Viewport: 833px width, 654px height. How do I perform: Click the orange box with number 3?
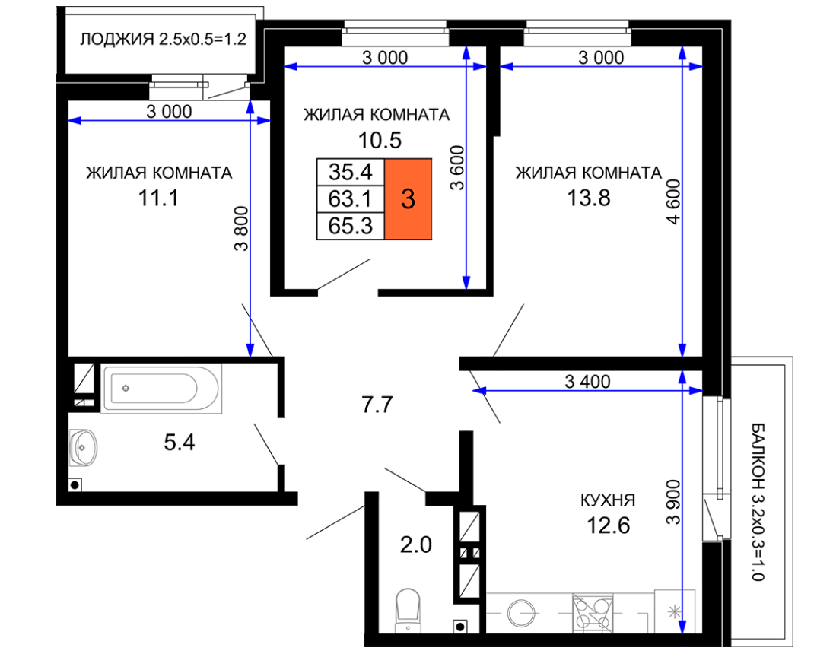coord(408,198)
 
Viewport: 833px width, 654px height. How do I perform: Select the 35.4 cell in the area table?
coord(351,172)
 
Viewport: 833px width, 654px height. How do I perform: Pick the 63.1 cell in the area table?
coord(351,199)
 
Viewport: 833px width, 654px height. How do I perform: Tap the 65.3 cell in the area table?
coord(351,227)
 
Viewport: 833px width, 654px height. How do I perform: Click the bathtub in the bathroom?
coord(161,389)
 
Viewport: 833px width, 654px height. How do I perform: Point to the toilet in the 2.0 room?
coord(408,611)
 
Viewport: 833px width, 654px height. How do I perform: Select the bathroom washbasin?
coord(84,447)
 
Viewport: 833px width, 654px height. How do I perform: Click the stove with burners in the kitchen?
coord(593,613)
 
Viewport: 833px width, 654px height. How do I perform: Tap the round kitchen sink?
coord(521,613)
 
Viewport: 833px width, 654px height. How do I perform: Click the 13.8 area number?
coord(589,198)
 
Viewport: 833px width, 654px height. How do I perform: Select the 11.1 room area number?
coord(158,198)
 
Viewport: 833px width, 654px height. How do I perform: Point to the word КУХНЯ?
coord(608,500)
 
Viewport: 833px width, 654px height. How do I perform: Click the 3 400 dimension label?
coord(587,382)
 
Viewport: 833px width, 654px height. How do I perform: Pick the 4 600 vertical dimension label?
coord(673,202)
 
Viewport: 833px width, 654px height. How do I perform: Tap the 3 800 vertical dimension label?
coord(241,228)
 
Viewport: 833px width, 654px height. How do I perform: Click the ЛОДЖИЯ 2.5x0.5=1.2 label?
coord(163,40)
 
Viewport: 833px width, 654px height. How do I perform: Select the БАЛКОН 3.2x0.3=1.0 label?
coord(758,502)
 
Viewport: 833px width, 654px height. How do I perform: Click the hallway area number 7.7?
coord(377,405)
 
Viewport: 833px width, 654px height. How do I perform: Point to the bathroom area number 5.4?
coord(180,442)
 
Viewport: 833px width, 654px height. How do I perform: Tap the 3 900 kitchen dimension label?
coord(673,503)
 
